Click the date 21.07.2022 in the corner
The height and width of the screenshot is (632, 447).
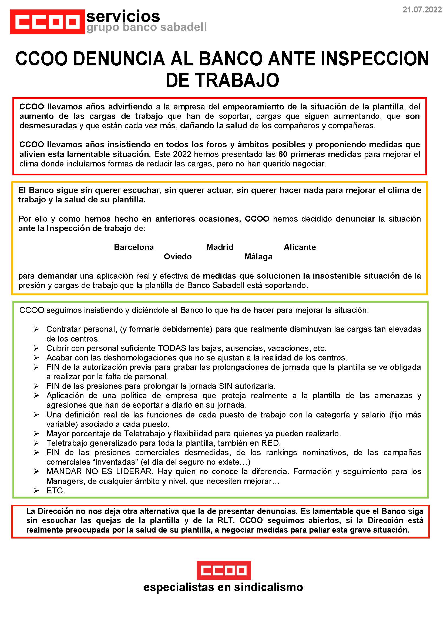tap(422, 10)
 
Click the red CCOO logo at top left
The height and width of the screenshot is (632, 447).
tap(47, 22)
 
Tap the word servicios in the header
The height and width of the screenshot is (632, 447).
tap(123, 16)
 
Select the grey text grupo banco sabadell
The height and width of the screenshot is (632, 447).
tap(146, 27)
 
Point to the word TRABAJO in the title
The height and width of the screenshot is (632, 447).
tap(237, 80)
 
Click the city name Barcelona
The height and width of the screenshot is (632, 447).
tap(134, 247)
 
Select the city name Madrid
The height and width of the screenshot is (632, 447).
tap(220, 247)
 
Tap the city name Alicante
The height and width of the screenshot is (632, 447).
tap(300, 247)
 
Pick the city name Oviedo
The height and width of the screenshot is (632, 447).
tap(177, 257)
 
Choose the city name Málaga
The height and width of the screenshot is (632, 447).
tap(258, 257)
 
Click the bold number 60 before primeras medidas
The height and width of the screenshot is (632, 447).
tap(283, 154)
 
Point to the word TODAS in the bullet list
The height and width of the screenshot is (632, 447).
tap(172, 348)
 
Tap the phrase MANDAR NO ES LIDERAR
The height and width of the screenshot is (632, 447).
tap(99, 472)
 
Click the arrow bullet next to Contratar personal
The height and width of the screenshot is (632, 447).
tap(36, 329)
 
